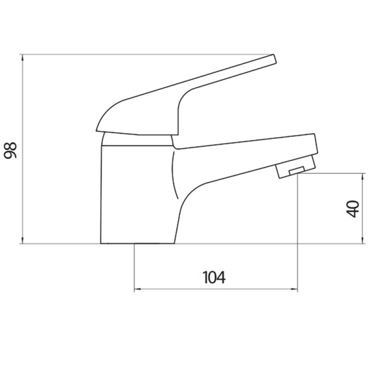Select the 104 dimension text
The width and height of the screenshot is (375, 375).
tap(214, 277)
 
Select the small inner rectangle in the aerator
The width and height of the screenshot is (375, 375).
tap(296, 171)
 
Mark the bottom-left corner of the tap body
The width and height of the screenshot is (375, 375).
tap(101, 243)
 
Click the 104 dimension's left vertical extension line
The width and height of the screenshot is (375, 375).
tap(135, 267)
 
